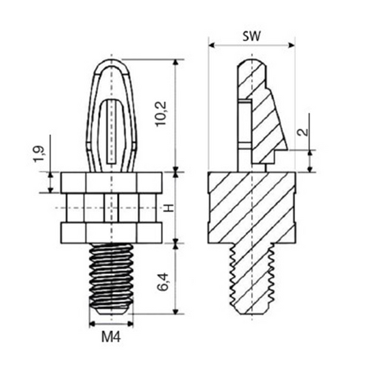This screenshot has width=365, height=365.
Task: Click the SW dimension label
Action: point(251,36)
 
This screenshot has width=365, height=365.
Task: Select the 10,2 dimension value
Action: point(161,114)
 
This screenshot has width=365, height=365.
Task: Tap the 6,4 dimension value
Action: point(162,282)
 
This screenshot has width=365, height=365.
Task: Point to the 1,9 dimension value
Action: point(38,154)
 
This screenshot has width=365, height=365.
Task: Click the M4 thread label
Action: point(111,337)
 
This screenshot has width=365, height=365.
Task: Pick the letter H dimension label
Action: point(170,207)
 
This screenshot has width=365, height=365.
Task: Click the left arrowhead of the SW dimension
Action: point(212,45)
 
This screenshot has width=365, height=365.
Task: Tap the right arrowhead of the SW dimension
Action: point(292,45)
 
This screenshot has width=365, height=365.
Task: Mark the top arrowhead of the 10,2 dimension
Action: point(176,62)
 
